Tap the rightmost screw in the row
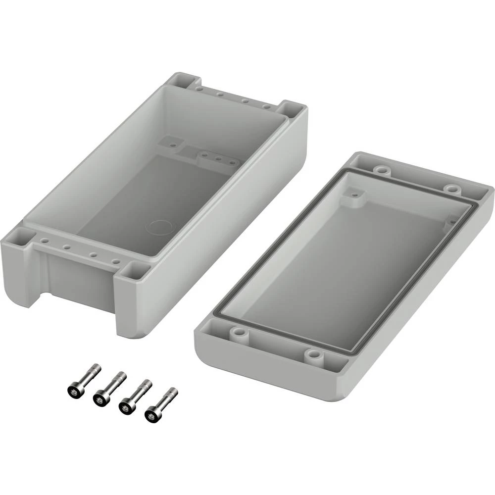click(160, 403)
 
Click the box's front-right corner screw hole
click(134, 270)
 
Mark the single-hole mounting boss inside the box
click(173, 144)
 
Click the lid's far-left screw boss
click(381, 170)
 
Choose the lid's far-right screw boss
click(451, 189)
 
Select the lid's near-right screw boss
click(313, 354)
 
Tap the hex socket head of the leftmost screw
click(74, 391)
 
